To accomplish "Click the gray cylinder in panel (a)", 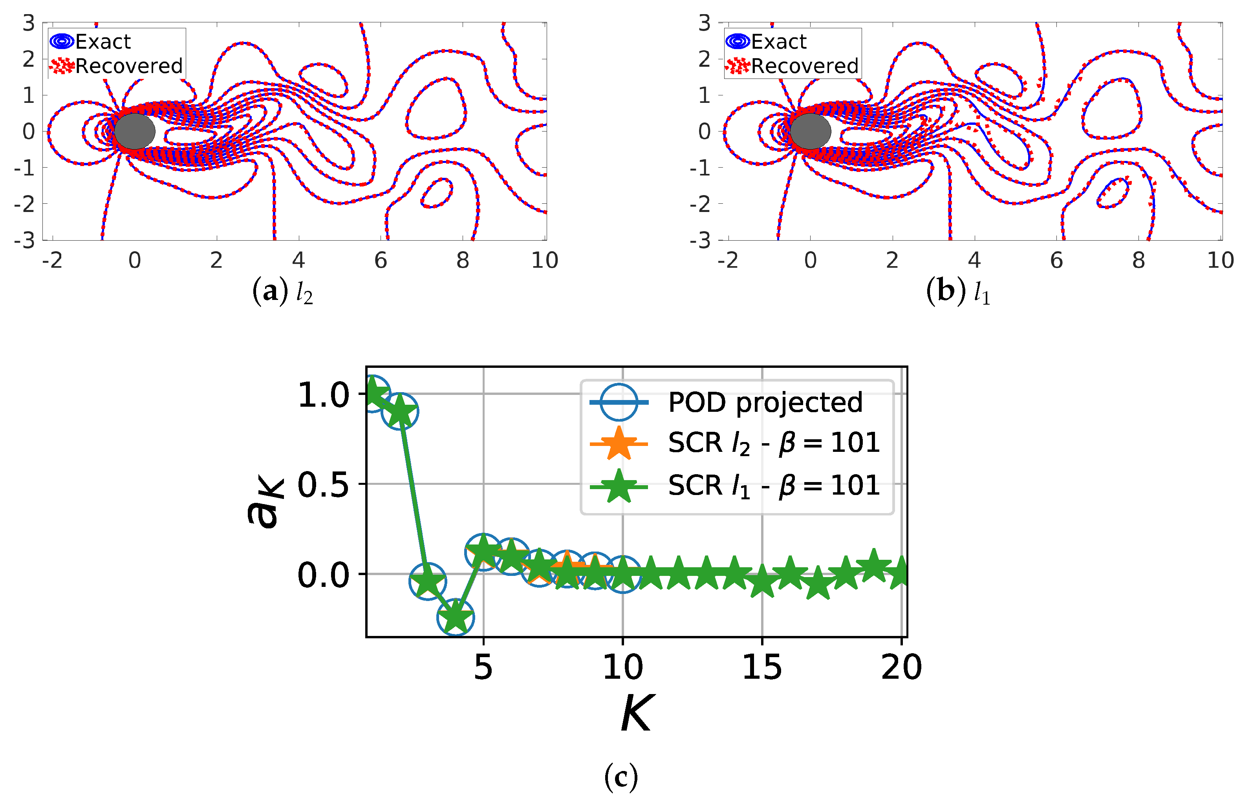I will pos(134,131).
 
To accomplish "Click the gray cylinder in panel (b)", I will pos(810,131).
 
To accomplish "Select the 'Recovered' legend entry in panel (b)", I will pos(804,66).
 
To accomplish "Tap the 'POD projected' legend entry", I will pos(765,402).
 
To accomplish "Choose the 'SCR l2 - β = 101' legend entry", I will pos(773,444).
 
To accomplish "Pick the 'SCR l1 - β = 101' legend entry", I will pos(773,486).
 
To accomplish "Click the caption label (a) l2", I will pos(283,292).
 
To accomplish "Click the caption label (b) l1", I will pos(957,292).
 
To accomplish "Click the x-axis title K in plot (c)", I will pos(637,713).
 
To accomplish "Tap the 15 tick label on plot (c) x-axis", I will pos(762,667).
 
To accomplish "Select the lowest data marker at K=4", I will pos(455,617).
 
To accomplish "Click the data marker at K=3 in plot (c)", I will pos(428,581).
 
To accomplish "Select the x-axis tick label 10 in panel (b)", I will pos(1220,260).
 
